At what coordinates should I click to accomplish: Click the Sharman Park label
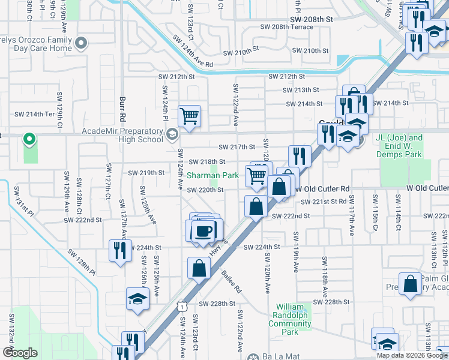click(212, 176)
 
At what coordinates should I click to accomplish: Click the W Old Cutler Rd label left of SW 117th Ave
click(321, 188)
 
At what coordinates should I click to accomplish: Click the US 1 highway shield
click(181, 306)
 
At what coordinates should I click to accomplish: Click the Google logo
click(20, 353)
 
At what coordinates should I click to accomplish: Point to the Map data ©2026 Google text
click(412, 355)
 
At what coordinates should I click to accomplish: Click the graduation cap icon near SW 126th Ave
click(137, 298)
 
